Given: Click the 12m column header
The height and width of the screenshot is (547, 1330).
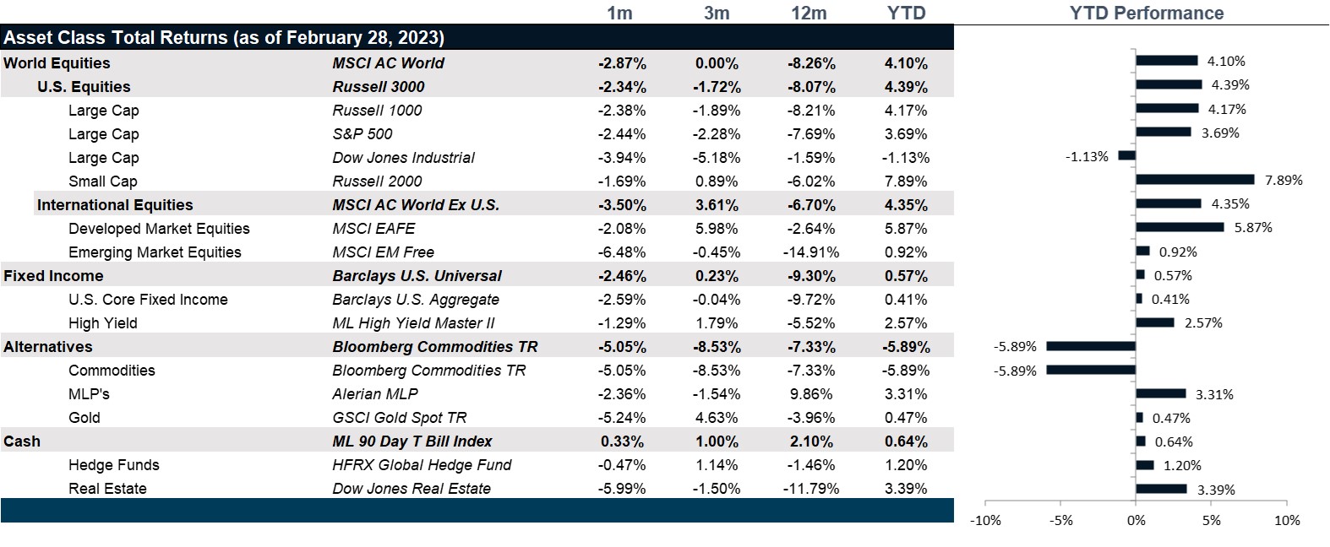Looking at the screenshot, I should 809,14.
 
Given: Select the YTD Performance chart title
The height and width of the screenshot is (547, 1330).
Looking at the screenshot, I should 1146,14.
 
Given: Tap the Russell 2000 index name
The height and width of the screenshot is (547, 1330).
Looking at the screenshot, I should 377,181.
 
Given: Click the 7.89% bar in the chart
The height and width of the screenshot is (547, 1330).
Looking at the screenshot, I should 1195,180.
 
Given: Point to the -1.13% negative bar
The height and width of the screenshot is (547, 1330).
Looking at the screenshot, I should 1126,156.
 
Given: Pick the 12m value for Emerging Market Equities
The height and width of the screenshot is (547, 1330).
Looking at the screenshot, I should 811,252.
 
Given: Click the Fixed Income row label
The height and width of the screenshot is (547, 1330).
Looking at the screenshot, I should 53,276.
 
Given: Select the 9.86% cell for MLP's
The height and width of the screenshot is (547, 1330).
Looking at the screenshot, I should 811,394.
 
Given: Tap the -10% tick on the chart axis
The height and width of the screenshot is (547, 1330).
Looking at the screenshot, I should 985,521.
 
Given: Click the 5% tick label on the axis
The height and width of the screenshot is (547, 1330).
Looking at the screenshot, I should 1212,521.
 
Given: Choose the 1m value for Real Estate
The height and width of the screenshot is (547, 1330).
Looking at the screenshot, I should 622,489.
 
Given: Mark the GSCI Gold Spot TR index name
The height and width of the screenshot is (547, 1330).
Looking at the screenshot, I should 399,418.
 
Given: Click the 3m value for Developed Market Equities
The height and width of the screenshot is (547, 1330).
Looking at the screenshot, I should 717,229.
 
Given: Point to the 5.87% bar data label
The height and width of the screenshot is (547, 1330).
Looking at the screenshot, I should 1253,228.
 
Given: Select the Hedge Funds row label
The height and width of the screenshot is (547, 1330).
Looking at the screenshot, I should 113,465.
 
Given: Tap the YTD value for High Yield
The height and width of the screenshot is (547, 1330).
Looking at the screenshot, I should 906,323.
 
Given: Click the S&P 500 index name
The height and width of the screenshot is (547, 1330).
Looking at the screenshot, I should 362,134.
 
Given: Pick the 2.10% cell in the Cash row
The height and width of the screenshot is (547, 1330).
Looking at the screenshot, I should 811,441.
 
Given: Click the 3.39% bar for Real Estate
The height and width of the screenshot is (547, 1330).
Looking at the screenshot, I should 1161,489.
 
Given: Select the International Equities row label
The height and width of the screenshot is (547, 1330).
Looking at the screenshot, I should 115,205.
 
